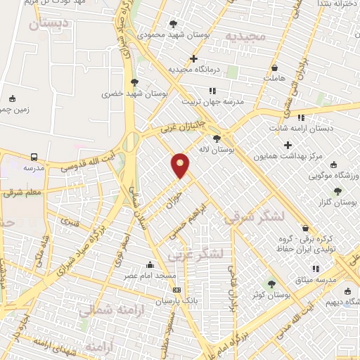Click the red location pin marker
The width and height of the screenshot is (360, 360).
(x=181, y=165)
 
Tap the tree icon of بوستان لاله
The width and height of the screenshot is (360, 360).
(x=217, y=139)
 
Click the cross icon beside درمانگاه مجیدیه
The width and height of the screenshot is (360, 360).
(x=194, y=59)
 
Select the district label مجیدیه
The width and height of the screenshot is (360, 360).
(x=246, y=36)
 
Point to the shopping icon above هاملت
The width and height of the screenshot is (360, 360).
(x=275, y=68)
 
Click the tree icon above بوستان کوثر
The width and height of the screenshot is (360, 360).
(x=271, y=284)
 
